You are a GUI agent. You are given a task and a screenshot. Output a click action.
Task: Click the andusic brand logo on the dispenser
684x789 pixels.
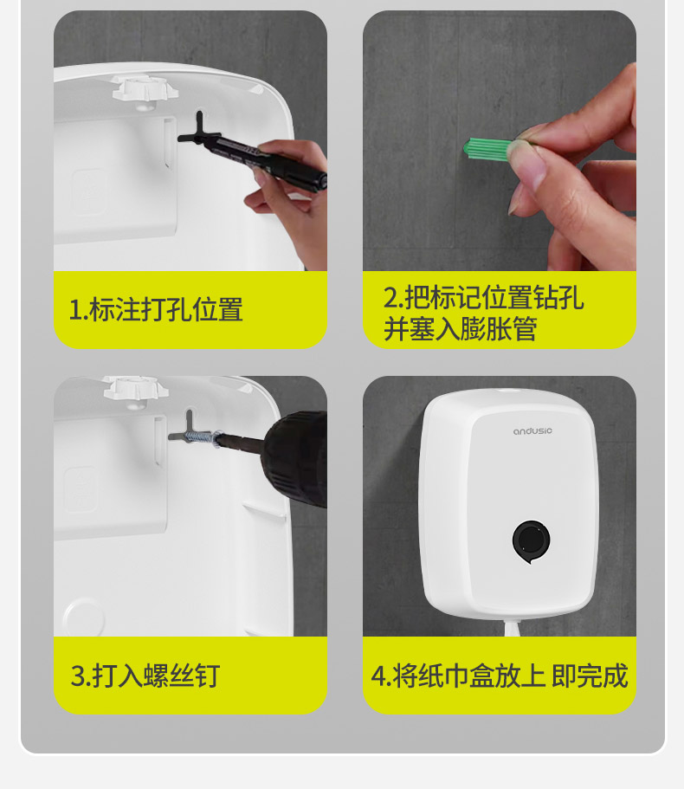tap(532, 431)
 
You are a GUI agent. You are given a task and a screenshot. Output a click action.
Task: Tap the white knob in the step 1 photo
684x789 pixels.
tap(145, 89)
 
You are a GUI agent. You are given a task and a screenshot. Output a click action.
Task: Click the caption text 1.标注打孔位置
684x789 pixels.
tap(156, 309)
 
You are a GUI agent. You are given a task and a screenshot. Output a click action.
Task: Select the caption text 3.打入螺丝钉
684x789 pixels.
tap(145, 676)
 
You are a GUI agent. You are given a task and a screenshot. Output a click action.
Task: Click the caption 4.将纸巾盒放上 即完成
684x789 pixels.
tap(500, 676)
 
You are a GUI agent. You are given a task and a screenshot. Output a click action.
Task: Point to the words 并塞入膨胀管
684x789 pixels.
tap(461, 330)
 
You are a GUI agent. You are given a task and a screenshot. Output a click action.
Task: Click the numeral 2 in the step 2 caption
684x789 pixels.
tap(390, 298)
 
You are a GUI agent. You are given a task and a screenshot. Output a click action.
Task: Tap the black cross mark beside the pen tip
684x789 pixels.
tap(200, 132)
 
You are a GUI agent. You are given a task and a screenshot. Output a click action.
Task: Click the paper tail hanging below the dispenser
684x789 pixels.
tap(512, 629)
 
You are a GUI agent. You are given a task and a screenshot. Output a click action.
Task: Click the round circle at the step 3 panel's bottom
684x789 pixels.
tap(83, 617)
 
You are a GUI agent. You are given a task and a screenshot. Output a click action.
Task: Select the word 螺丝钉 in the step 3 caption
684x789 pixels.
tap(182, 676)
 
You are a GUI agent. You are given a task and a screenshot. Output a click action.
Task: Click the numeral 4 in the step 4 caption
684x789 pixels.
tap(377, 676)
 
